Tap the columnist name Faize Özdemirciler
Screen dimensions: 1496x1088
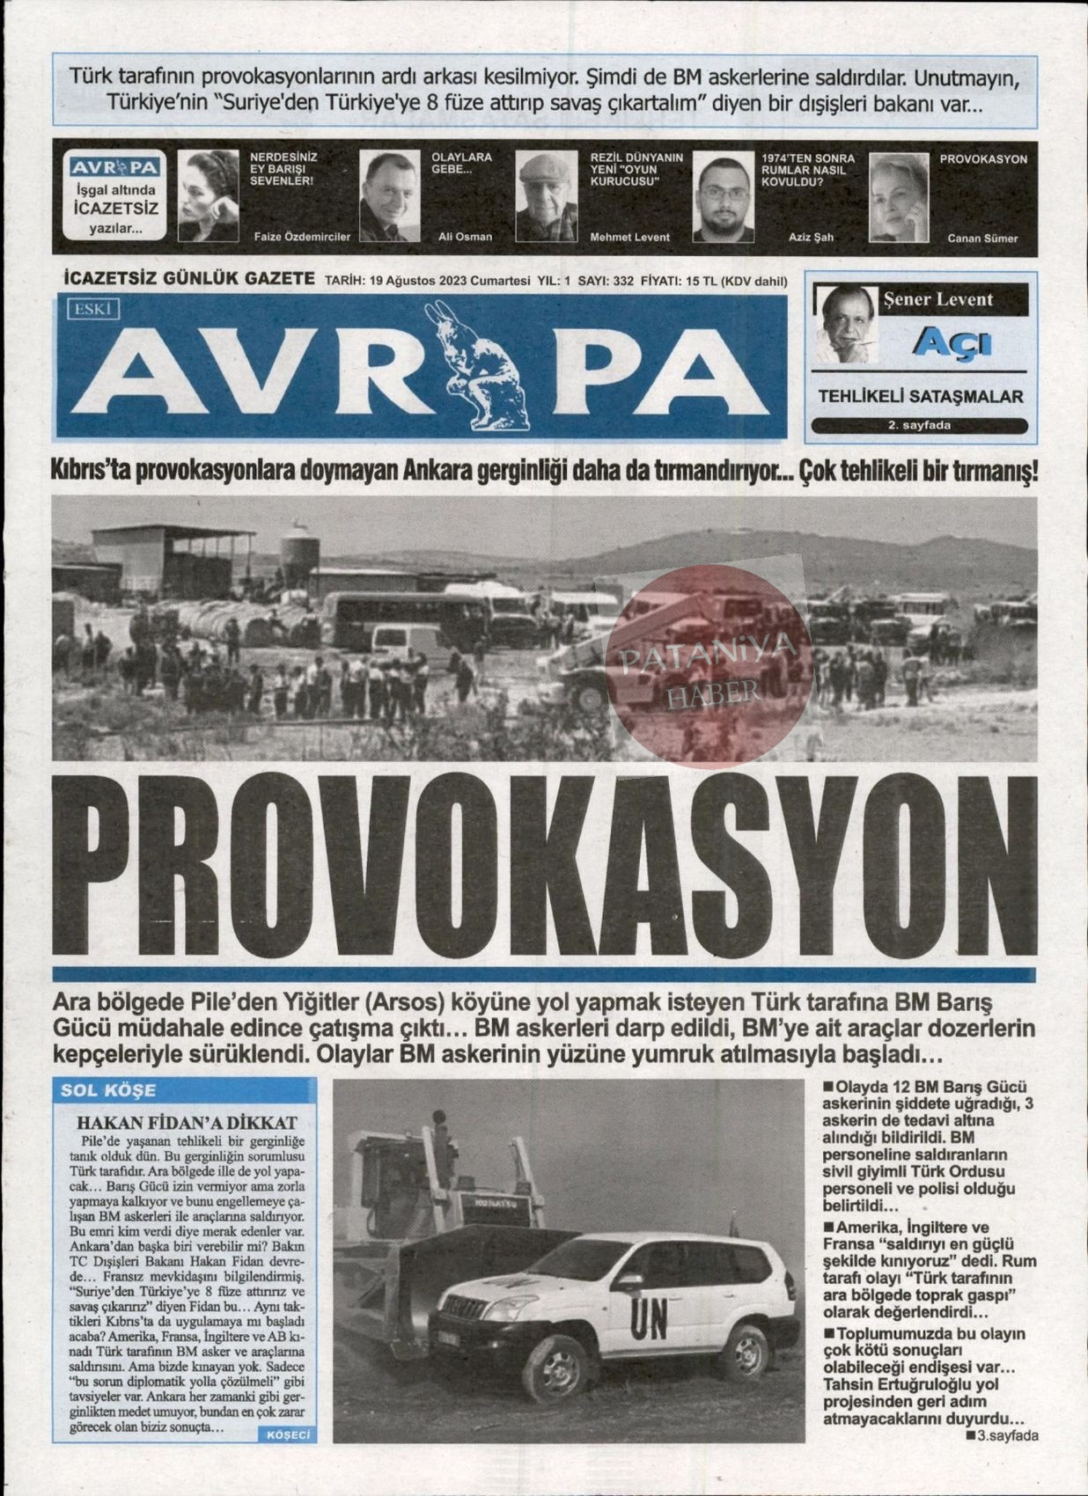click(301, 237)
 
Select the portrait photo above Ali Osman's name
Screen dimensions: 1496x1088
click(388, 196)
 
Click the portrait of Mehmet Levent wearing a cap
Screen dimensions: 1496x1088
click(546, 196)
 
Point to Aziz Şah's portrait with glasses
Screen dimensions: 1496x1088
click(723, 196)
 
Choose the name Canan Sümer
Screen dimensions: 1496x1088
click(981, 238)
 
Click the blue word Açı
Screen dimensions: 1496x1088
click(953, 342)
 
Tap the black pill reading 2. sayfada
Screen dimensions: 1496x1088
click(919, 426)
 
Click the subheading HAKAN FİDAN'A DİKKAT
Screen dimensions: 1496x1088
click(187, 1123)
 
